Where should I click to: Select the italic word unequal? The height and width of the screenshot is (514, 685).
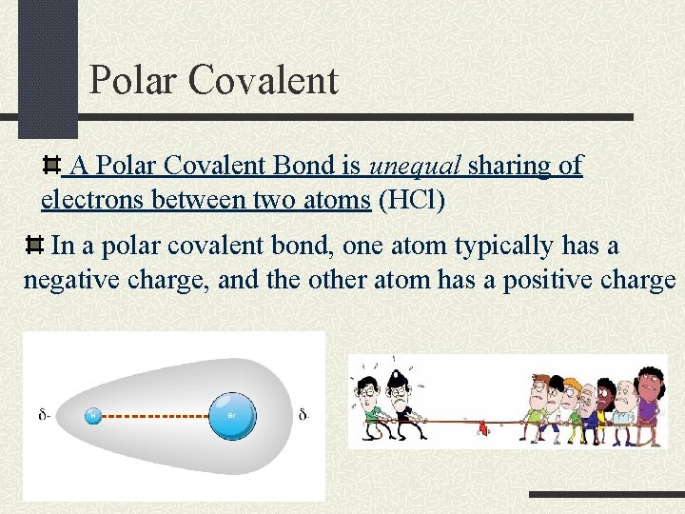414,166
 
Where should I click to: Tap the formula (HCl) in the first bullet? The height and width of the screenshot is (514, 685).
412,201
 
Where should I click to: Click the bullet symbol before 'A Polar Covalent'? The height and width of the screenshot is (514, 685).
54,167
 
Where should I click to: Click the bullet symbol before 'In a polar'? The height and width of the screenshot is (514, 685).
34,247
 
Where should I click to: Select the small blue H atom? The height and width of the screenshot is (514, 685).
93,415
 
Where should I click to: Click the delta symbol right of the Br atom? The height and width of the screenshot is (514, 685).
303,415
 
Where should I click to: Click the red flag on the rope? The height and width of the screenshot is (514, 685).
482,427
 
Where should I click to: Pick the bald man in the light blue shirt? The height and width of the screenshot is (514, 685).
623,405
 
